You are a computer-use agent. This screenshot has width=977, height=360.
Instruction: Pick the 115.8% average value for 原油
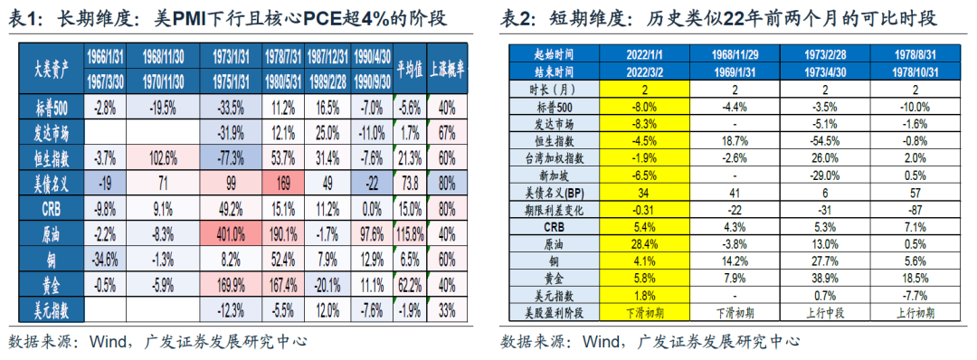tap(411, 233)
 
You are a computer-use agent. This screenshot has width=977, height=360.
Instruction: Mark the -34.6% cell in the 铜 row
tap(105, 259)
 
